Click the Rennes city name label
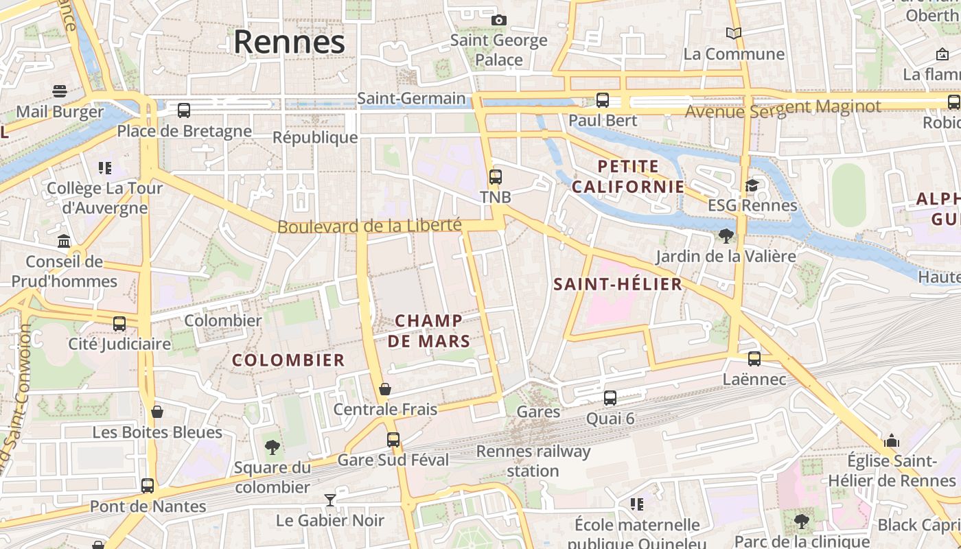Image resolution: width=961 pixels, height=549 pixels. pyautogui.click(x=289, y=43)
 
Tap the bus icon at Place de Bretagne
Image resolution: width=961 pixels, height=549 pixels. pyautogui.click(x=183, y=110)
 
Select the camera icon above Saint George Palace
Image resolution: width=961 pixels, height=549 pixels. pyautogui.click(x=499, y=20)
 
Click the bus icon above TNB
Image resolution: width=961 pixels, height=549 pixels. pyautogui.click(x=495, y=176)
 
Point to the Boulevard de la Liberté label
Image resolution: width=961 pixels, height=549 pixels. pyautogui.click(x=369, y=226)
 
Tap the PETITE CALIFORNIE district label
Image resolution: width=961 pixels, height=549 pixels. pyautogui.click(x=628, y=176)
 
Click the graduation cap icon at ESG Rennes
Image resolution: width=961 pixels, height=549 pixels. pyautogui.click(x=752, y=185)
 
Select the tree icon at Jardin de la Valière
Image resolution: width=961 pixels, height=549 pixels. pyautogui.click(x=725, y=236)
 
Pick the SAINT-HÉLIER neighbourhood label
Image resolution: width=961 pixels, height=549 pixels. pyautogui.click(x=618, y=284)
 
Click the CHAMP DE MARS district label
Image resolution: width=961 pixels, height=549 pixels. pyautogui.click(x=429, y=331)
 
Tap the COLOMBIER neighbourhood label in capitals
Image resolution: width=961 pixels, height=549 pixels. pyautogui.click(x=288, y=360)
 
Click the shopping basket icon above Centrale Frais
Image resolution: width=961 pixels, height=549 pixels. pyautogui.click(x=385, y=389)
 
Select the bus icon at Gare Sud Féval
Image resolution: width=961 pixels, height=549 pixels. pyautogui.click(x=393, y=439)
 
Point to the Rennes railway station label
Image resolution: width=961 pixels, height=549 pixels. pyautogui.click(x=533, y=461)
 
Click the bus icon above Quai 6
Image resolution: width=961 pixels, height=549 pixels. pyautogui.click(x=610, y=397)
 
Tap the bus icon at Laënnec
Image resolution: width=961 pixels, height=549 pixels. pyautogui.click(x=754, y=358)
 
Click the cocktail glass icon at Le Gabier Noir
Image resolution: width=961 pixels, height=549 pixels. pyautogui.click(x=330, y=500)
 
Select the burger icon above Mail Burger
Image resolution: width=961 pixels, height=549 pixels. pyautogui.click(x=60, y=91)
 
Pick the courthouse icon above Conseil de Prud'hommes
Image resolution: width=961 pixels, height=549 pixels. pyautogui.click(x=64, y=241)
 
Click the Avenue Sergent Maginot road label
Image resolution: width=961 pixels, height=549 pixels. pyautogui.click(x=783, y=108)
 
